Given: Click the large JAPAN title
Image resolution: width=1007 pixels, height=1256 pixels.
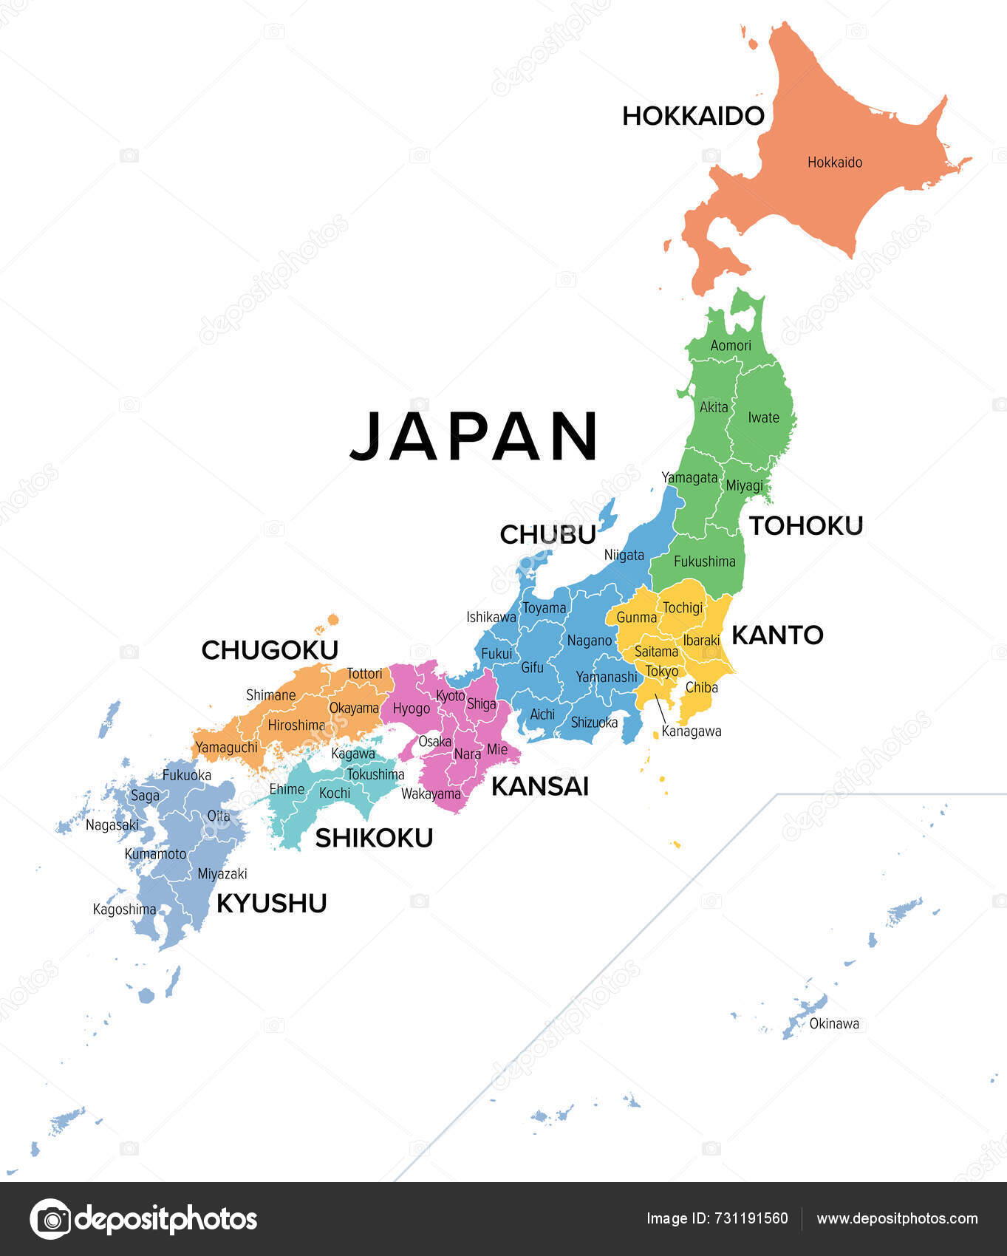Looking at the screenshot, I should [x=474, y=437].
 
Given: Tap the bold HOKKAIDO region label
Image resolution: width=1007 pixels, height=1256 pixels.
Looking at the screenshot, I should [x=692, y=116].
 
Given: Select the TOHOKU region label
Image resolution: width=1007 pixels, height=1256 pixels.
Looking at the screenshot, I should [x=806, y=526].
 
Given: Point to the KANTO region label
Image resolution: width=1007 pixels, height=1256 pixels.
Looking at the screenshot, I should [x=777, y=635].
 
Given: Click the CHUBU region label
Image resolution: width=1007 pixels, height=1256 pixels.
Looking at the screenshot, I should [x=547, y=534].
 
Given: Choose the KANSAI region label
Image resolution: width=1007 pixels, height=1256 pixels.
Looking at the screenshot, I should [x=540, y=787].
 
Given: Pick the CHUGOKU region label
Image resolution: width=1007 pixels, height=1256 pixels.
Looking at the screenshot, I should [x=270, y=650].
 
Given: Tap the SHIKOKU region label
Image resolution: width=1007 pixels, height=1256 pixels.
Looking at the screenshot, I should [x=374, y=838].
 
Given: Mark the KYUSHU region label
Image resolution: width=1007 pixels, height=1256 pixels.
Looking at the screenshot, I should [x=271, y=903].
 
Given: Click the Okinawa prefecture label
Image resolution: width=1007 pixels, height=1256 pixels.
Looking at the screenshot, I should [x=834, y=1023].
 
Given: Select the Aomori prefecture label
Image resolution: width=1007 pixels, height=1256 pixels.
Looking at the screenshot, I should [x=731, y=345].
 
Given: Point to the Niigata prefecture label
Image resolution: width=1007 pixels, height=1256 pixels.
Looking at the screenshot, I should [x=624, y=555].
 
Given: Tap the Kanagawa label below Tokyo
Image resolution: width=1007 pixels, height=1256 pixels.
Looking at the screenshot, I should [x=691, y=731].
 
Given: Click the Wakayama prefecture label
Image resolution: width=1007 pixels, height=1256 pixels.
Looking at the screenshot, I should [x=431, y=794].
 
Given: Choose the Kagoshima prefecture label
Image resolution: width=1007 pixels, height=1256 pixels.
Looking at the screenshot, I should [x=124, y=909].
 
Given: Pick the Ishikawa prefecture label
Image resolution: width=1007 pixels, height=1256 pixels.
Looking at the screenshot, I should [x=491, y=616].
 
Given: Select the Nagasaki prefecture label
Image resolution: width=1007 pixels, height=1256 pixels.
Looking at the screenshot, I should [x=112, y=825].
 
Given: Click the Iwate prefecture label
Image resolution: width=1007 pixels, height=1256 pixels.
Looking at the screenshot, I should [x=763, y=417].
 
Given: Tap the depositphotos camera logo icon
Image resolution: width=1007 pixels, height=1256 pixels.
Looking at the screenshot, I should [x=50, y=1219].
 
